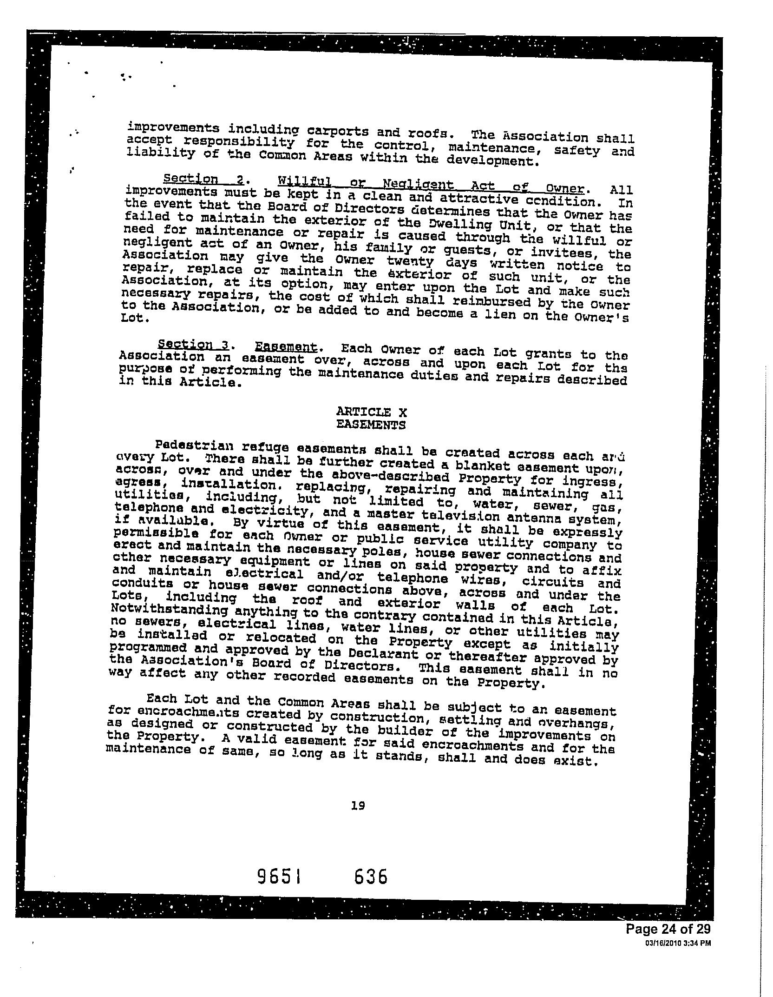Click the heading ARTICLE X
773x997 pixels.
(x=371, y=412)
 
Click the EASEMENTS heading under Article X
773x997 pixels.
(x=371, y=425)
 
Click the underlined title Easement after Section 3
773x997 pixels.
(x=286, y=347)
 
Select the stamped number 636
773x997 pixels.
(x=370, y=877)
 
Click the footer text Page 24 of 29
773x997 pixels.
(x=668, y=929)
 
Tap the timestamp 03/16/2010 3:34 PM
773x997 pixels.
(x=678, y=943)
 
